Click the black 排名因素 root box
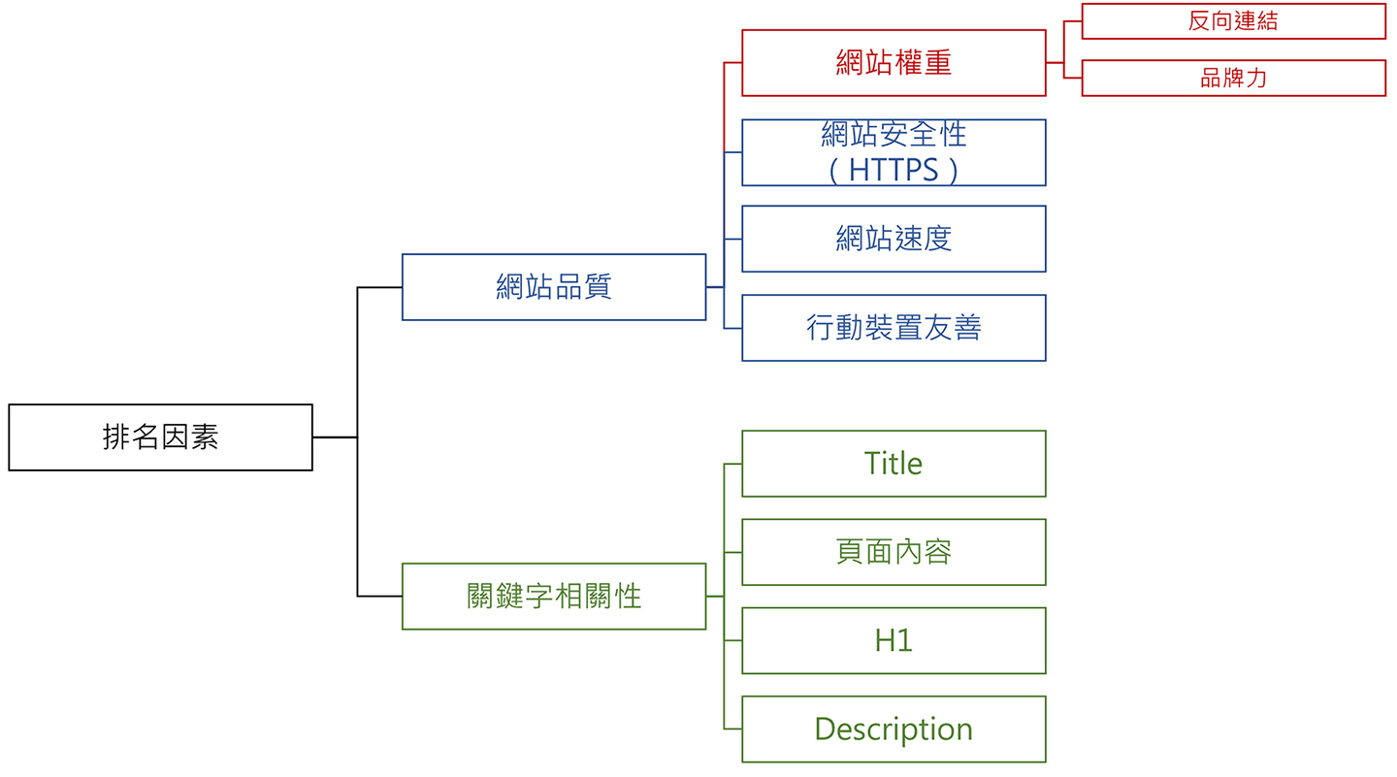coord(160,437)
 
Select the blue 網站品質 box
coord(554,287)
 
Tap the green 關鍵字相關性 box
coord(554,597)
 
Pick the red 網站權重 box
coord(893,62)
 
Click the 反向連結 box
coord(1234,21)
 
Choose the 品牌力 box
coord(1234,78)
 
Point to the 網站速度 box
coord(893,239)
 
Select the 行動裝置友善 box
coord(893,328)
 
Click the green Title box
coord(893,464)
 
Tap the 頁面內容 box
coord(893,552)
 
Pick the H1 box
coord(893,640)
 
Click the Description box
coord(893,729)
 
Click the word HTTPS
coord(893,171)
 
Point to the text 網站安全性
coord(893,134)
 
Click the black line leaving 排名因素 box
coord(335,437)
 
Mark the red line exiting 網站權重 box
coord(1056,62)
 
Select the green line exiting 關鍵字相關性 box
coord(715,597)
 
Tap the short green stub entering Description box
coord(732,728)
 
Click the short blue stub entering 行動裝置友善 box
coord(732,328)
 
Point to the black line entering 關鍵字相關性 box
coord(380,597)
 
